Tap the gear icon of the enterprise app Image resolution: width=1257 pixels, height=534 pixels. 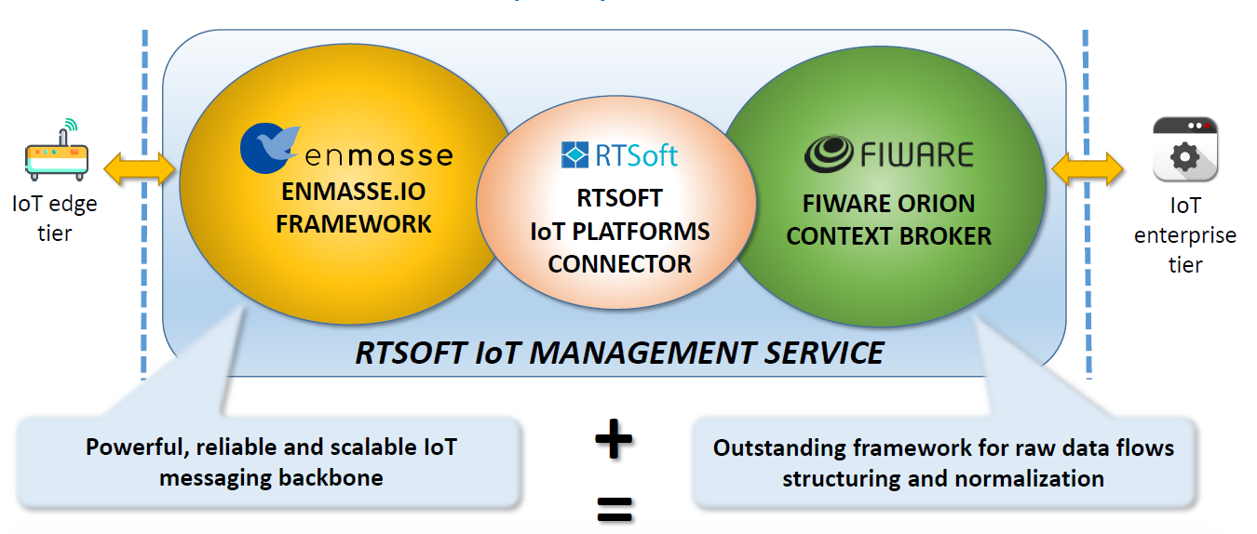pos(1185,156)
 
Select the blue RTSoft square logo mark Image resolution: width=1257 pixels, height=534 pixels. pos(574,154)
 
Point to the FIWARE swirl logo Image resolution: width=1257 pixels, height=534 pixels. pos(829,154)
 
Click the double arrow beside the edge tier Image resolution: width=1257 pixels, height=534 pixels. pos(140,168)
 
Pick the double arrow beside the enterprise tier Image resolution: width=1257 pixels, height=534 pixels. pos(1088,168)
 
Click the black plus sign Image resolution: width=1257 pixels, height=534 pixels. pos(614,439)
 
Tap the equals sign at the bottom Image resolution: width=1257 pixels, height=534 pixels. pos(615,509)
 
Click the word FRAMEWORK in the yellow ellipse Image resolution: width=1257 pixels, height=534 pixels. pos(354,224)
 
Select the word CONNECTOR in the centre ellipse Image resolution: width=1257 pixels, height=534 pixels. pos(619,264)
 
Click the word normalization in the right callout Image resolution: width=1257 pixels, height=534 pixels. pos(1029,478)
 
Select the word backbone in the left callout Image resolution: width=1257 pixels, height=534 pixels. pos(331,478)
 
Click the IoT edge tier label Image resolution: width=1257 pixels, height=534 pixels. pos(54,219)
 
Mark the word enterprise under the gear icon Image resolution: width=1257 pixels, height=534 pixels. pos(1185,236)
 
